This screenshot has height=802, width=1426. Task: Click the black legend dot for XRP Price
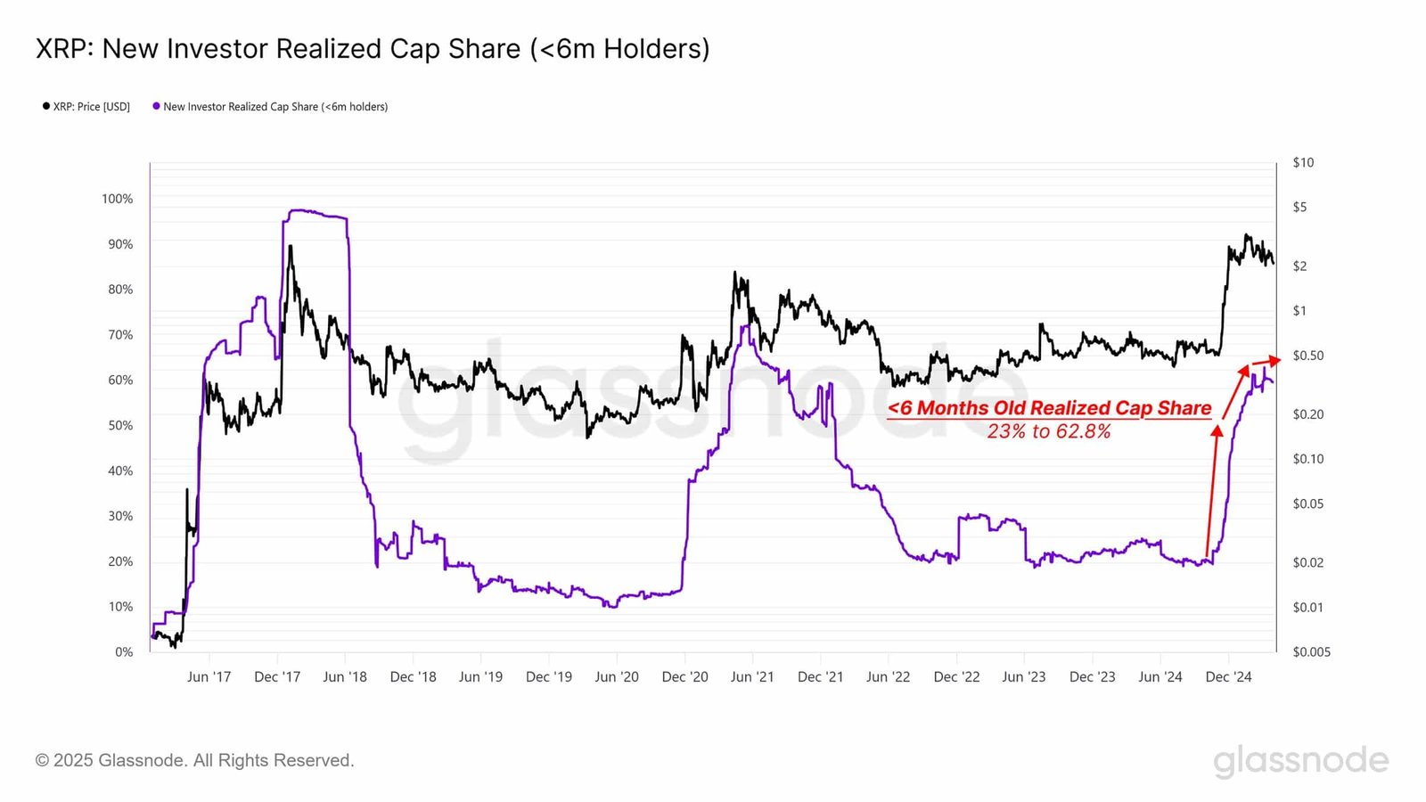click(x=46, y=106)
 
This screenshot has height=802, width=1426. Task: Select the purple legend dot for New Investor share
click(x=156, y=106)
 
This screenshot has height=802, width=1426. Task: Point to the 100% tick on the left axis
click(x=117, y=199)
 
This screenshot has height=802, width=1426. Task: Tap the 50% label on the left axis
click(x=120, y=425)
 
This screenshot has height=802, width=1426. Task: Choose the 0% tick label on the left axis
click(x=124, y=651)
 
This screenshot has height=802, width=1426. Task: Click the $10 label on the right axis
click(x=1303, y=162)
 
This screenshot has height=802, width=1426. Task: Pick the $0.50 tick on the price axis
click(x=1307, y=356)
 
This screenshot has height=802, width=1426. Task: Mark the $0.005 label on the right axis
click(x=1311, y=651)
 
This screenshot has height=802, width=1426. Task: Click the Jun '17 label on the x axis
click(x=209, y=677)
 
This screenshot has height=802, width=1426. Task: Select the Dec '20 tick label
click(x=684, y=677)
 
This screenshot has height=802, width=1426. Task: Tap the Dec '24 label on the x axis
click(x=1228, y=677)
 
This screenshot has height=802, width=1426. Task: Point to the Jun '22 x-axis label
click(x=888, y=677)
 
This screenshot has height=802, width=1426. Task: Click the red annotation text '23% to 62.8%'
click(x=1049, y=432)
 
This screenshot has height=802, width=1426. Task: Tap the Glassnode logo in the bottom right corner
click(x=1300, y=760)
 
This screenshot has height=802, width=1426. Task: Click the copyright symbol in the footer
click(x=42, y=761)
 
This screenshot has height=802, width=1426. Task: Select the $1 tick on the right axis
click(x=1299, y=311)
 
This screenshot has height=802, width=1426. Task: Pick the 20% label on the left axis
click(x=120, y=561)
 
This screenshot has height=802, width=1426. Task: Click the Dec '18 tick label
click(x=413, y=677)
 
